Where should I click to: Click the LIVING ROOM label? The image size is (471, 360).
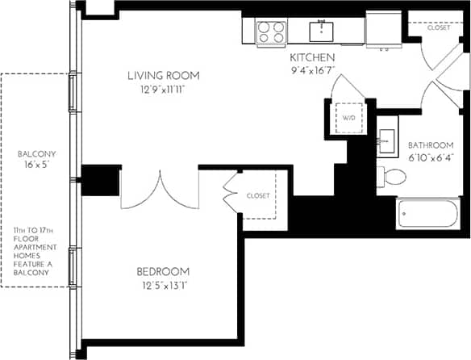pos(162,76)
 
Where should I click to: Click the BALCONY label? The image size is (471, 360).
pos(38,153)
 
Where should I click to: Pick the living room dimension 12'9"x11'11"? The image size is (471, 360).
pos(162,90)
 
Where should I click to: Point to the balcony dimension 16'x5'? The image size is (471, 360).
pos(38,165)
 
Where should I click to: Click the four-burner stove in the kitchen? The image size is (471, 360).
pos(271,32)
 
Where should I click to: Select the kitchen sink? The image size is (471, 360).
pos(322,31)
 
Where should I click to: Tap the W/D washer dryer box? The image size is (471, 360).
pos(349,119)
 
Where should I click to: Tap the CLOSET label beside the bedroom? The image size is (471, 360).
pos(258,195)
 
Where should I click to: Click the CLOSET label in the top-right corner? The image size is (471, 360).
pos(439,27)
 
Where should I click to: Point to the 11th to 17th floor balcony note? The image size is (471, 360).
pos(38,252)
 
